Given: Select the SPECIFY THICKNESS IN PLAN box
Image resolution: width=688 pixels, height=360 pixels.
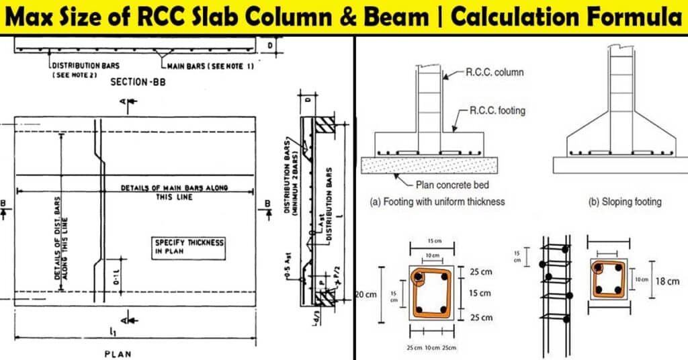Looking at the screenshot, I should tap(189, 246).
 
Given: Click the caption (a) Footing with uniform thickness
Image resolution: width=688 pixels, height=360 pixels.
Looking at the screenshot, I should tap(437, 201).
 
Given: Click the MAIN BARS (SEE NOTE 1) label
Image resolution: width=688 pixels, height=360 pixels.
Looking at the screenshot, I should tap(201, 65).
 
